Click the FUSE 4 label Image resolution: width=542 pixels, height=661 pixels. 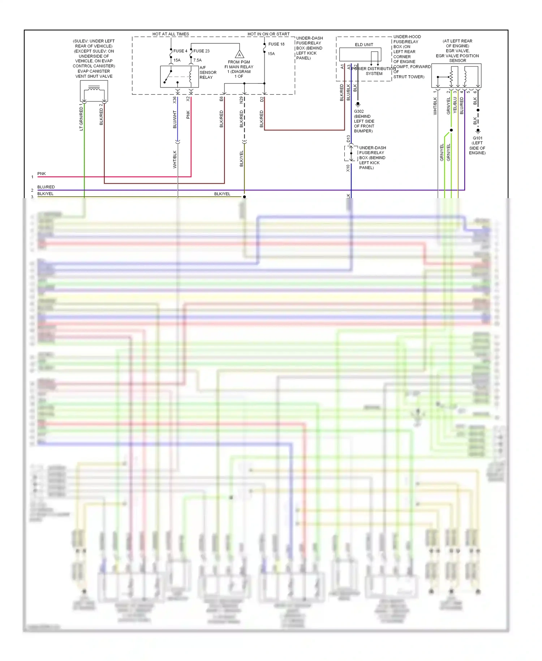pos(180,51)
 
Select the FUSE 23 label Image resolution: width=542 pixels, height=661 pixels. pos(201,51)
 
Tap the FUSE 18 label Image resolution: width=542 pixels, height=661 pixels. pos(276,44)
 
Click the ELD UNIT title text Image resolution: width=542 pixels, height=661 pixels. pos(364,45)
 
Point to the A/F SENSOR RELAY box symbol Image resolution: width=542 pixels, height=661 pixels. pos(179,77)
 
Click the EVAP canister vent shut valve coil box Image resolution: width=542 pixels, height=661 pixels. pos(94,91)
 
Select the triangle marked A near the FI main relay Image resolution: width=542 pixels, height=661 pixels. pos(239,55)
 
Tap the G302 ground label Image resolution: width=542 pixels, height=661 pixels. pos(359,111)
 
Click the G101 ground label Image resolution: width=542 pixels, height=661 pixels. pos(477,138)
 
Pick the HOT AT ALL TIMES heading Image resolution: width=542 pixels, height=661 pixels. pos(171,34)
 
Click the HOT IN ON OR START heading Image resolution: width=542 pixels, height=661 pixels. pos(268,34)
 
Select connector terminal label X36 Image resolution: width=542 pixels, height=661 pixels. pos(175,100)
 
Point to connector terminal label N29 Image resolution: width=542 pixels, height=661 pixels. pos(241,100)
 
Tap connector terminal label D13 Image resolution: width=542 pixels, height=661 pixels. pos(348,139)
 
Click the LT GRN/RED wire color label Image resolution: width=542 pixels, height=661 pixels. pos(81,119)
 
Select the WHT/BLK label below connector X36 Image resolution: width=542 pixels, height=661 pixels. pos(175,159)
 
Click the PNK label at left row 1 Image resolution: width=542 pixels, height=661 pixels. pos(42,174)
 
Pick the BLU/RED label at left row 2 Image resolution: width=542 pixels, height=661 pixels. pos(46,187)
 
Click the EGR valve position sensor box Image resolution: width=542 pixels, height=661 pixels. pos(456,76)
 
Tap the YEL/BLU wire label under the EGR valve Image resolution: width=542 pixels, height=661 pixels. pos(455,105)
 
